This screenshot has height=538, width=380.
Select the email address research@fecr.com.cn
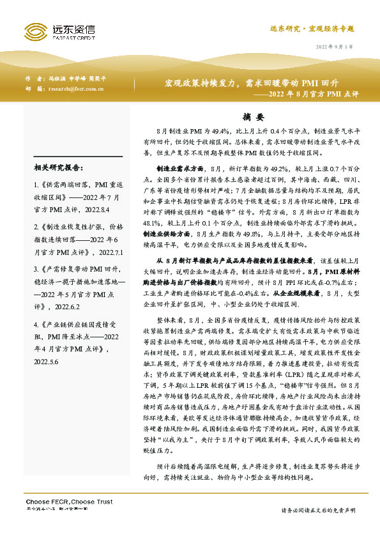[x=76, y=89]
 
